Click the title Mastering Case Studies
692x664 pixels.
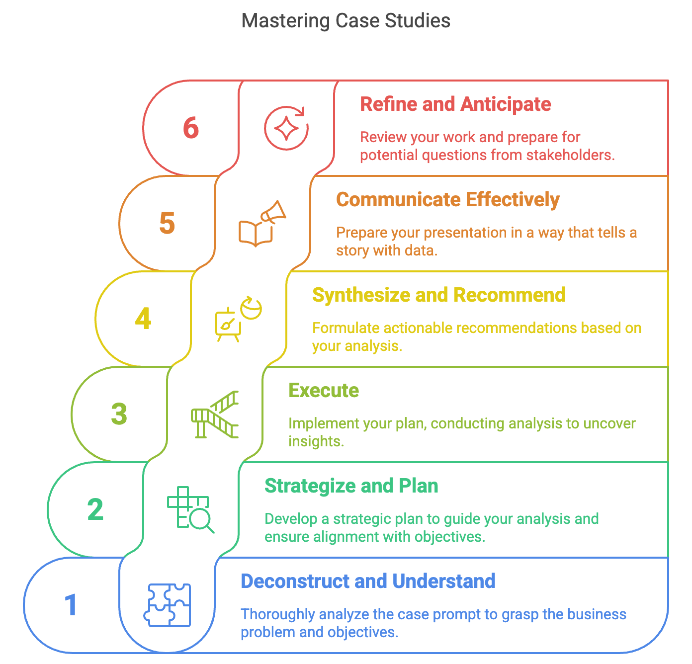pos(346,21)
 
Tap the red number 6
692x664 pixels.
pos(191,128)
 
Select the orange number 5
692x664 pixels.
pos(167,223)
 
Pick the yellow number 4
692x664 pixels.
pos(143,319)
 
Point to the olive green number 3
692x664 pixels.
pos(119,414)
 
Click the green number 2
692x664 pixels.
pos(95,509)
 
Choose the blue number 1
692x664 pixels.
pos(71,605)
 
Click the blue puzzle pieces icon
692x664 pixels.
pos(168,605)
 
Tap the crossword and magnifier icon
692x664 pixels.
pos(190,509)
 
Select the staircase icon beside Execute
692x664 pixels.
pos(215,415)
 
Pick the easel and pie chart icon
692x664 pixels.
pos(238,319)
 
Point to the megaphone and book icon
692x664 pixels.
pos(262,224)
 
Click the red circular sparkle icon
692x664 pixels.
pos(286,128)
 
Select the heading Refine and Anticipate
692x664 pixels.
pos(455,104)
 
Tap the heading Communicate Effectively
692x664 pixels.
pos(448,200)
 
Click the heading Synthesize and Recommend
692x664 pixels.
pos(439,295)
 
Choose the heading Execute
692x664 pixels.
pos(324,391)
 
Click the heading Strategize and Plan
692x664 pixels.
pos(351,486)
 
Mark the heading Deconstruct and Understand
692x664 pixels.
pos(368,581)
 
